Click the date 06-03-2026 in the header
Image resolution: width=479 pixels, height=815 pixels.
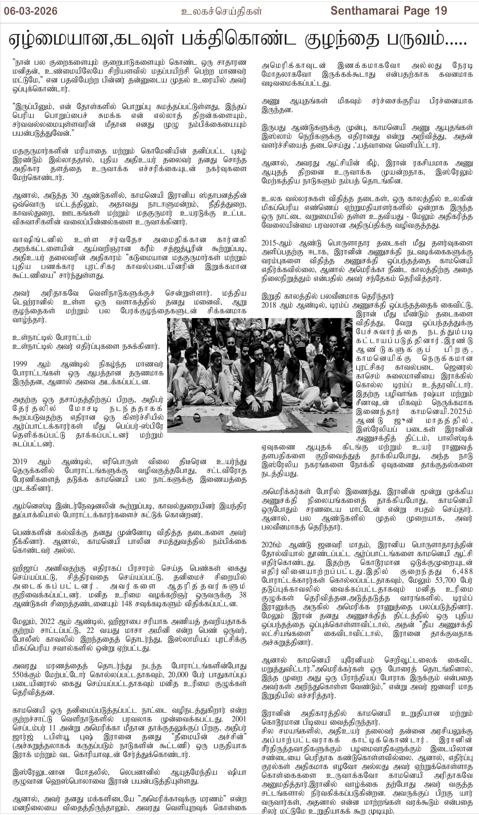(31, 11)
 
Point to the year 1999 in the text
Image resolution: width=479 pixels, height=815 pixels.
(20, 364)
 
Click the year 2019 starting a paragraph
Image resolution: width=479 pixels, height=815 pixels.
(20, 461)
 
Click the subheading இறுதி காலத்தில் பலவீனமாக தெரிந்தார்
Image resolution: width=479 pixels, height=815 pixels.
(327, 296)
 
